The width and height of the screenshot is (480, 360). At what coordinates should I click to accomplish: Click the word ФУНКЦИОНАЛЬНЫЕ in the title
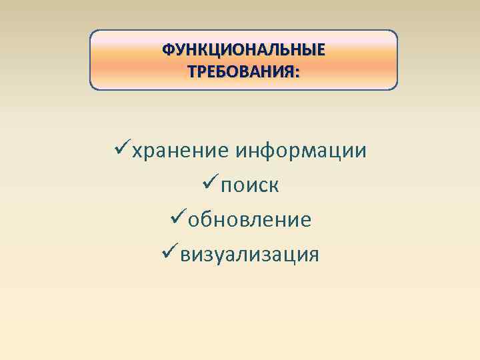point(244,51)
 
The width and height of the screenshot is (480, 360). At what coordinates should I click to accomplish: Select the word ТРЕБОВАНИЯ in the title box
point(241,71)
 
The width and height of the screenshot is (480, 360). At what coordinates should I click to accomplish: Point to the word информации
point(301,151)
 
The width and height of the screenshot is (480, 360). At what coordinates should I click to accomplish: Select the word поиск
point(250,185)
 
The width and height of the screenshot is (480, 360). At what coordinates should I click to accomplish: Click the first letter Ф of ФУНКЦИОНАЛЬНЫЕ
point(168,51)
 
